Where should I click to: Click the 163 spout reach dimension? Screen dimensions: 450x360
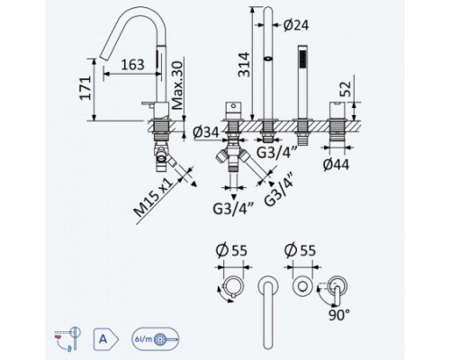pyautogui.click(x=132, y=65)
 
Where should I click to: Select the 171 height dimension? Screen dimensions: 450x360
pyautogui.click(x=85, y=88)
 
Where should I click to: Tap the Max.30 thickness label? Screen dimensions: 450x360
pyautogui.click(x=177, y=85)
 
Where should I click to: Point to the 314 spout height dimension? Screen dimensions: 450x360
pyautogui.click(x=244, y=65)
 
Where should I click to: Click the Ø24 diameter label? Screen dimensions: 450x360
pyautogui.click(x=296, y=25)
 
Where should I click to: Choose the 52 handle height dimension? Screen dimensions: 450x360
pyautogui.click(x=346, y=89)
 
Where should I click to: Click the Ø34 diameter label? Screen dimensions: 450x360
pyautogui.click(x=206, y=131)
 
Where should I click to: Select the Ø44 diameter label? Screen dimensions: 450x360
pyautogui.click(x=337, y=165)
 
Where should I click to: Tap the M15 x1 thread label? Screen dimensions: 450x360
pyautogui.click(x=154, y=197)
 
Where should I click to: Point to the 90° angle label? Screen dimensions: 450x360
pyautogui.click(x=339, y=315)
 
